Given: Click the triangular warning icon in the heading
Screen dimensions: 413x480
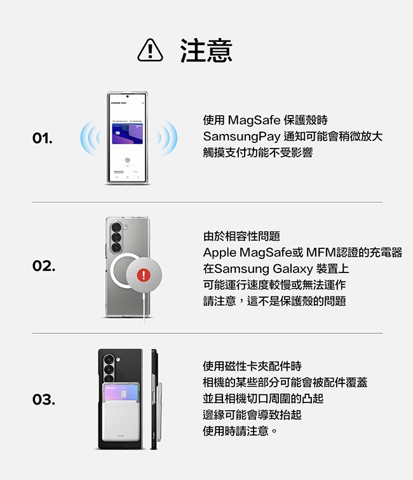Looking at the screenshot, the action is click(150, 51).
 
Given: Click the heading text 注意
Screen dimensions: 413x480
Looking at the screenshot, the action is click(207, 51).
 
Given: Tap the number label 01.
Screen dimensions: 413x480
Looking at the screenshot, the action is click(43, 138).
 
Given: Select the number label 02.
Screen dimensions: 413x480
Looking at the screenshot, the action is click(44, 265).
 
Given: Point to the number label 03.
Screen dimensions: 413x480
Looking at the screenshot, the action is click(44, 399).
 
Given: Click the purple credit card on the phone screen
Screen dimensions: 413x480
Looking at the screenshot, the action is click(128, 134).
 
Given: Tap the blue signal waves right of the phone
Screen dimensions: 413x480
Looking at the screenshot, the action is click(167, 138).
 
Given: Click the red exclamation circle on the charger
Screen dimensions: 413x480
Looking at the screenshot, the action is click(144, 275).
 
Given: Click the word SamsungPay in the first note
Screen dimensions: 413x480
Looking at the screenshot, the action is click(241, 137).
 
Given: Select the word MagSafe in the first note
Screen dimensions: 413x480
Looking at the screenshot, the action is click(254, 120).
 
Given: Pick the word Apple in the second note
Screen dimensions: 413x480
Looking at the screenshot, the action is click(220, 253).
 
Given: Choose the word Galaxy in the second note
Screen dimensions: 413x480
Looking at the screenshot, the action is click(292, 269).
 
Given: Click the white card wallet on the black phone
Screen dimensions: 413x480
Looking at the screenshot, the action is click(121, 412).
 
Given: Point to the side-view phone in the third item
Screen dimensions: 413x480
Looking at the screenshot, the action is click(155, 399).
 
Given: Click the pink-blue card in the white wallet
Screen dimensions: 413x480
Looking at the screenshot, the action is click(121, 393).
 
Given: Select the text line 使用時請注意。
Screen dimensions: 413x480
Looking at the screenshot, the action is click(240, 431).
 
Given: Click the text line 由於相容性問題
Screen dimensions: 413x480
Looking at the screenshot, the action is click(241, 236).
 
